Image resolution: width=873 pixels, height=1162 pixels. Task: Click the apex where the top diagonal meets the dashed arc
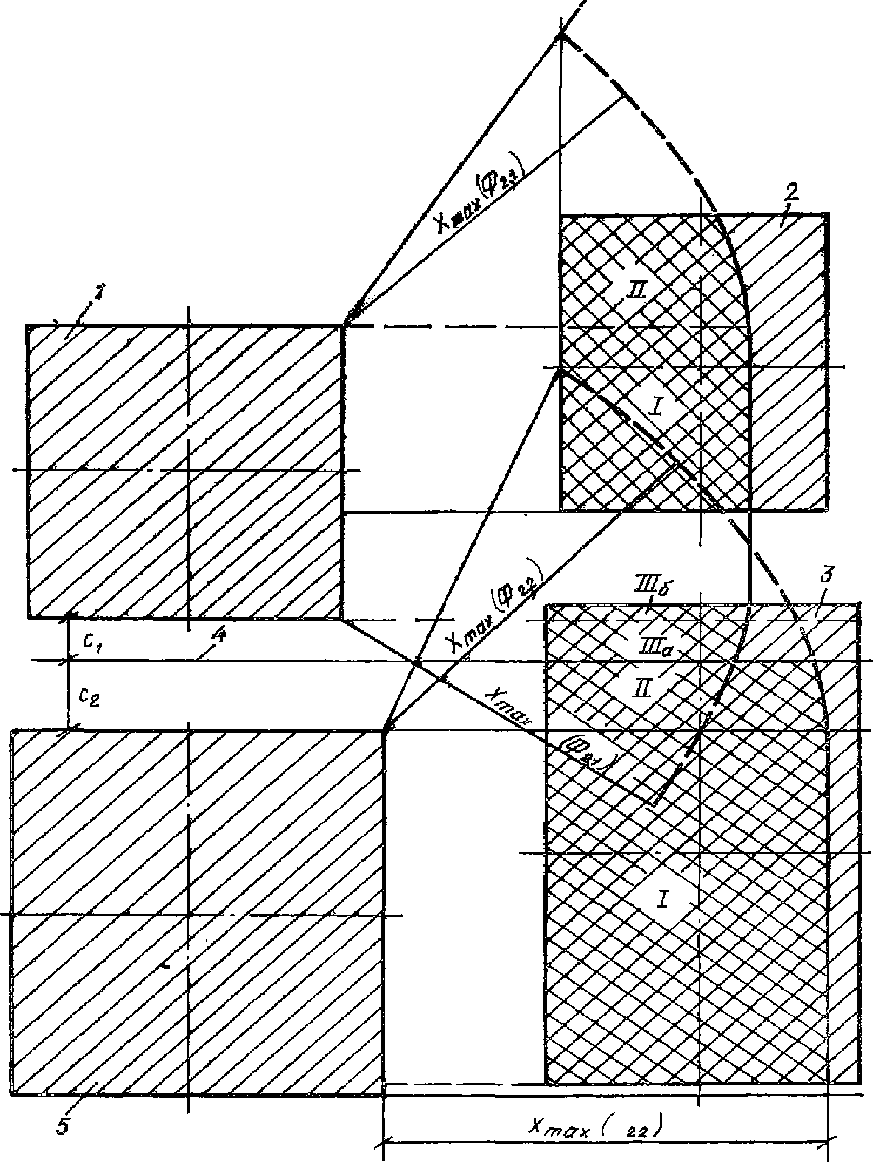pyautogui.click(x=561, y=36)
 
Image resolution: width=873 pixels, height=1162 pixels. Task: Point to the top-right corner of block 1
pyautogui.click(x=344, y=326)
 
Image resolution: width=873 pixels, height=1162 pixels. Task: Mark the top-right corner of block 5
pyautogui.click(x=384, y=730)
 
